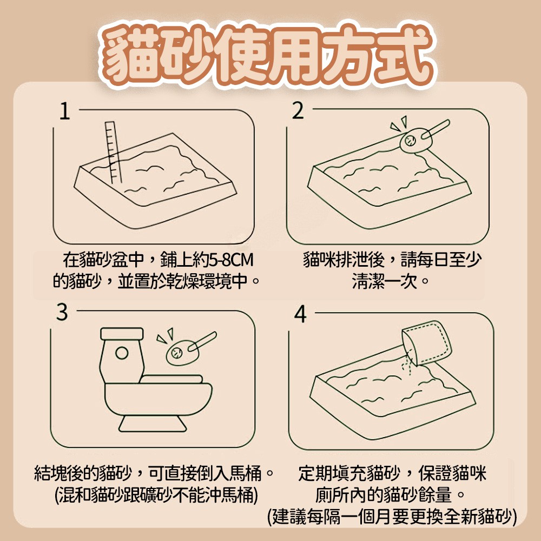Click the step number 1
tap(64, 111)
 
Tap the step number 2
tap(298, 111)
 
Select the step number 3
tap(62, 312)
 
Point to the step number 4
tap(300, 314)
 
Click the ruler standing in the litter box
tap(113, 152)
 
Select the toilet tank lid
tap(122, 334)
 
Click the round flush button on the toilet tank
tap(122, 353)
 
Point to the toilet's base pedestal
tap(153, 424)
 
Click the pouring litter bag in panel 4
tap(427, 343)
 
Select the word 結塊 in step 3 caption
tap(50, 473)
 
